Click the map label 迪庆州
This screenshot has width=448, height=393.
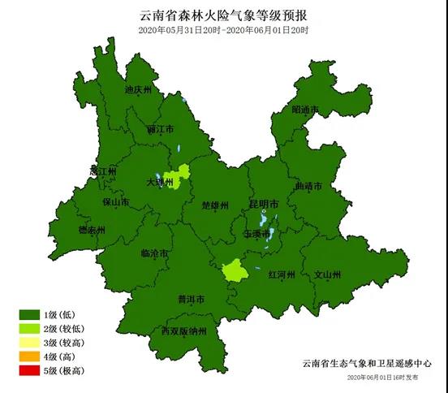click(x=138, y=90)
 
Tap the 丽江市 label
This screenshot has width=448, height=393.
click(x=161, y=129)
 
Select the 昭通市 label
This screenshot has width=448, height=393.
click(x=305, y=110)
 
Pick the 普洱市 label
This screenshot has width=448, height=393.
click(x=190, y=299)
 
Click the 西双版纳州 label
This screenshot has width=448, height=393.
click(x=183, y=331)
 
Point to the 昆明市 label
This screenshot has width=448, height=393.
click(x=265, y=202)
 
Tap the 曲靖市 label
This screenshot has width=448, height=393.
click(x=309, y=186)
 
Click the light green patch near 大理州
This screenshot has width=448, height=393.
click(x=178, y=176)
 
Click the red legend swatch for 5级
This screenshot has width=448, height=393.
click(x=30, y=370)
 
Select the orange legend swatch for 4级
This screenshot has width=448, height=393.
click(x=30, y=356)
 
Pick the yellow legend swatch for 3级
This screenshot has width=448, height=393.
click(x=30, y=343)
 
